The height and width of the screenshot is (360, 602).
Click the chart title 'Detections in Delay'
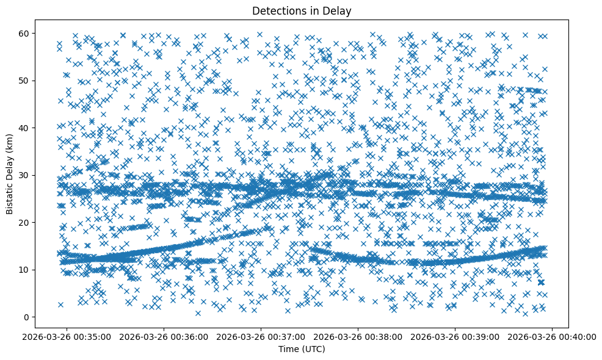point(302,10)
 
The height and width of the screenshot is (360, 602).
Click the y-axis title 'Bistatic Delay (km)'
point(10,174)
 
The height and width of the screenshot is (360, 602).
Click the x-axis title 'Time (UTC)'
point(302,349)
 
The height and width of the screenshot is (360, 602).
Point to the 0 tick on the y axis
point(40,317)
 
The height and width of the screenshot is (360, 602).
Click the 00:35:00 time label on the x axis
point(67,336)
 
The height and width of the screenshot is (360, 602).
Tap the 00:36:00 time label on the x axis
point(164,336)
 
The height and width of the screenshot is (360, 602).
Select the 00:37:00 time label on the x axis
point(261,336)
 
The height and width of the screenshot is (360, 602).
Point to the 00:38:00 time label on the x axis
point(358,336)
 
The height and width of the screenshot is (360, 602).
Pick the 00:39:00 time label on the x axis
point(455,336)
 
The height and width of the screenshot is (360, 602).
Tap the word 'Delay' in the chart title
point(339,10)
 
